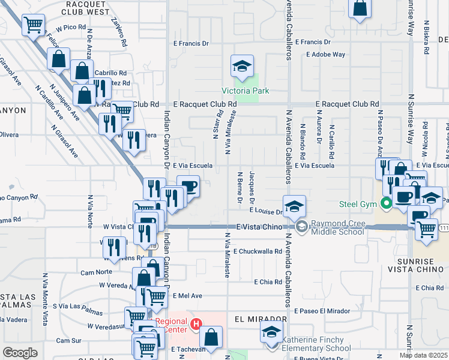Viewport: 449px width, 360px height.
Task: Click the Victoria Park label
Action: click(x=245, y=91)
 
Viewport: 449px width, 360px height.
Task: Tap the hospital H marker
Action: click(x=195, y=325)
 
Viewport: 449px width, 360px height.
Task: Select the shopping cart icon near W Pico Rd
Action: click(x=34, y=25)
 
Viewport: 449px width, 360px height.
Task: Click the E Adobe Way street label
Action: click(x=325, y=55)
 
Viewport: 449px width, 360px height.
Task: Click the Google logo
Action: click(x=20, y=352)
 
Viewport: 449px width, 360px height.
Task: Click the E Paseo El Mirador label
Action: click(x=322, y=311)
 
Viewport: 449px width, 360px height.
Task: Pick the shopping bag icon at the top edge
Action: click(x=360, y=8)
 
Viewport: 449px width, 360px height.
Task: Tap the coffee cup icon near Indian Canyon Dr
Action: click(x=188, y=186)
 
